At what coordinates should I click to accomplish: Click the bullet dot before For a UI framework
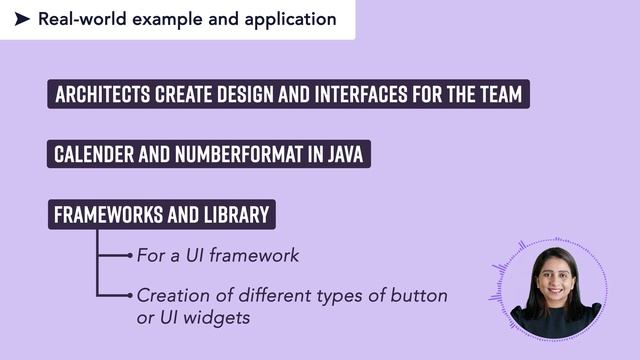point(130,256)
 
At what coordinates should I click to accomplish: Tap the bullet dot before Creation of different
point(130,295)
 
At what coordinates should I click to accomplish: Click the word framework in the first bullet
point(252,256)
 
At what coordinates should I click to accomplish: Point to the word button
point(421,296)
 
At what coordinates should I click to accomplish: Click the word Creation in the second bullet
point(171,296)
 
